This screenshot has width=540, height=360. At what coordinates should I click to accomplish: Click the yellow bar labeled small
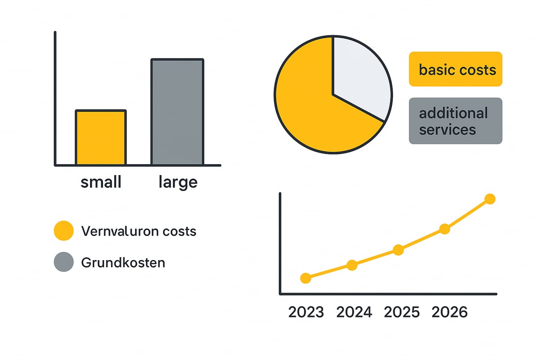tap(101, 137)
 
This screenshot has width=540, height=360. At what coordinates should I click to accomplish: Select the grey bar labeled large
tap(177, 112)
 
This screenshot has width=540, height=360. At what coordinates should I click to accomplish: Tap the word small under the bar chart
tap(101, 182)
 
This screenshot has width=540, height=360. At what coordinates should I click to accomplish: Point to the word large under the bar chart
tap(178, 183)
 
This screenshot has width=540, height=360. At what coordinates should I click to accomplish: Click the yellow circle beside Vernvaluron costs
tap(63, 231)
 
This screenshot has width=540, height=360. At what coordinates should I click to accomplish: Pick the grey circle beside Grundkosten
tap(63, 262)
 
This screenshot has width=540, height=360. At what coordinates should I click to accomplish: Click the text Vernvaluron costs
tap(139, 231)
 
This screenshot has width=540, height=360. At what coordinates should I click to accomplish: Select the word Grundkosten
tap(123, 262)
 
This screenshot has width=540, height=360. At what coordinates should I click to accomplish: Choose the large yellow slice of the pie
tap(315, 112)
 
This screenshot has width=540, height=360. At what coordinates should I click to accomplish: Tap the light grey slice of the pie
tap(360, 76)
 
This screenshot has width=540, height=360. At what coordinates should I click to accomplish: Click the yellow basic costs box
tap(455, 69)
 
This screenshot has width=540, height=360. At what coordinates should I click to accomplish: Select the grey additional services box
tap(455, 121)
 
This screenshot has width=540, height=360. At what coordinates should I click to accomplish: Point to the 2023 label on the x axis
tap(306, 312)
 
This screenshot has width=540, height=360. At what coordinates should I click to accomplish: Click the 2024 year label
tap(354, 312)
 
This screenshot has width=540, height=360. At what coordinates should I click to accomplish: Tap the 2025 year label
tap(401, 312)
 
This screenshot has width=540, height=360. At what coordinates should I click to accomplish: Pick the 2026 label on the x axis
tap(450, 312)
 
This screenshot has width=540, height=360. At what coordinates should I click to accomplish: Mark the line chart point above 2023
tap(306, 278)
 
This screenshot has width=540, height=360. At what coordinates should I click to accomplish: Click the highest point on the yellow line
tap(490, 199)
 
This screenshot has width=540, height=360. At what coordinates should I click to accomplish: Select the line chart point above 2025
tap(398, 250)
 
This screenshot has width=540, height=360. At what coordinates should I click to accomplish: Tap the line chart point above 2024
tap(352, 265)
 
